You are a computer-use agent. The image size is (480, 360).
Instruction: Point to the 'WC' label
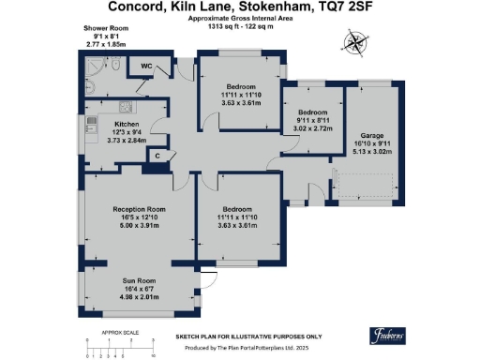click(x=146, y=67)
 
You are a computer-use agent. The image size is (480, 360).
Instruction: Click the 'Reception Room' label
click(x=138, y=208)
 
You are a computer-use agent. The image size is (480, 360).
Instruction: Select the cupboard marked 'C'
click(x=158, y=155)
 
